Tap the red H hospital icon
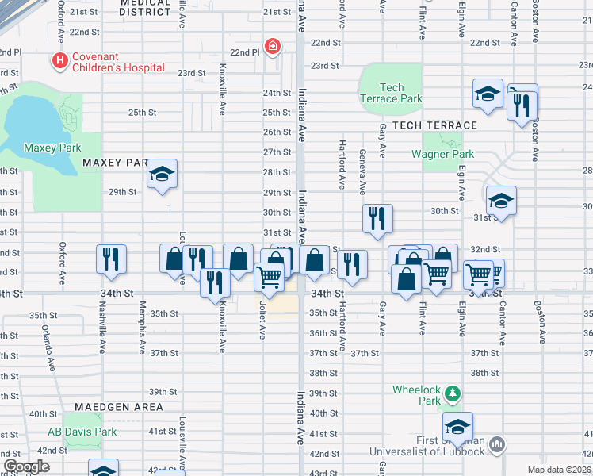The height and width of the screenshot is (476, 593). pyautogui.click(x=58, y=60)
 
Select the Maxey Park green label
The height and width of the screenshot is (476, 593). pyautogui.click(x=52, y=148)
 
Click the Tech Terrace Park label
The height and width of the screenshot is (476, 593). pyautogui.click(x=392, y=93)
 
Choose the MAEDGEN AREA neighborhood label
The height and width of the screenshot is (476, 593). pyautogui.click(x=119, y=407)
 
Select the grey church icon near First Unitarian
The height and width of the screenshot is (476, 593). pyautogui.click(x=497, y=443)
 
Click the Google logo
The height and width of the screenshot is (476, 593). pyautogui.click(x=26, y=466)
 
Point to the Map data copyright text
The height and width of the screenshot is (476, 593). pyautogui.click(x=558, y=470)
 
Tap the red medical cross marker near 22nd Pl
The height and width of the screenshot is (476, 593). pyautogui.click(x=273, y=48)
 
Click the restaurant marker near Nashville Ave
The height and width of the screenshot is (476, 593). pyautogui.click(x=110, y=258)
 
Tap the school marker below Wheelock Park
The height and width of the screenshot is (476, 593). pyautogui.click(x=457, y=426)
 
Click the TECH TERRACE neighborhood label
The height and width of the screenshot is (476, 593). pyautogui.click(x=434, y=125)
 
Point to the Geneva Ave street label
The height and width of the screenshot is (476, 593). pyautogui.click(x=362, y=172)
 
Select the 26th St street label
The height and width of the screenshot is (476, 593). pyautogui.click(x=277, y=132)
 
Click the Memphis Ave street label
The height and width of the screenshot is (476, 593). pyautogui.click(x=143, y=327)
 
